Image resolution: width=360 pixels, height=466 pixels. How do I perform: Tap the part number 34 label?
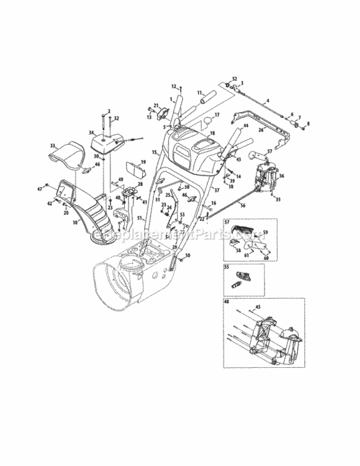[x=91, y=132]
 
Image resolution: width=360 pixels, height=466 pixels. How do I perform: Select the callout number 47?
[x=38, y=188]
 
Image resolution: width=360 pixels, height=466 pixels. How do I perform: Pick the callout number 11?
[x=200, y=93]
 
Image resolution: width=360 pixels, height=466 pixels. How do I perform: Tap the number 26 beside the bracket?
[x=261, y=130]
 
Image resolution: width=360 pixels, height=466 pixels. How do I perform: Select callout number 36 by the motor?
[x=282, y=176]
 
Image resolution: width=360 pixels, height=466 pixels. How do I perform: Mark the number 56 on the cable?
[x=243, y=205]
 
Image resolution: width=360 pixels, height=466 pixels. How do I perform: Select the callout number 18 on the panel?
[x=212, y=133]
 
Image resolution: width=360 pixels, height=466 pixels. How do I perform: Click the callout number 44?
[x=246, y=126]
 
